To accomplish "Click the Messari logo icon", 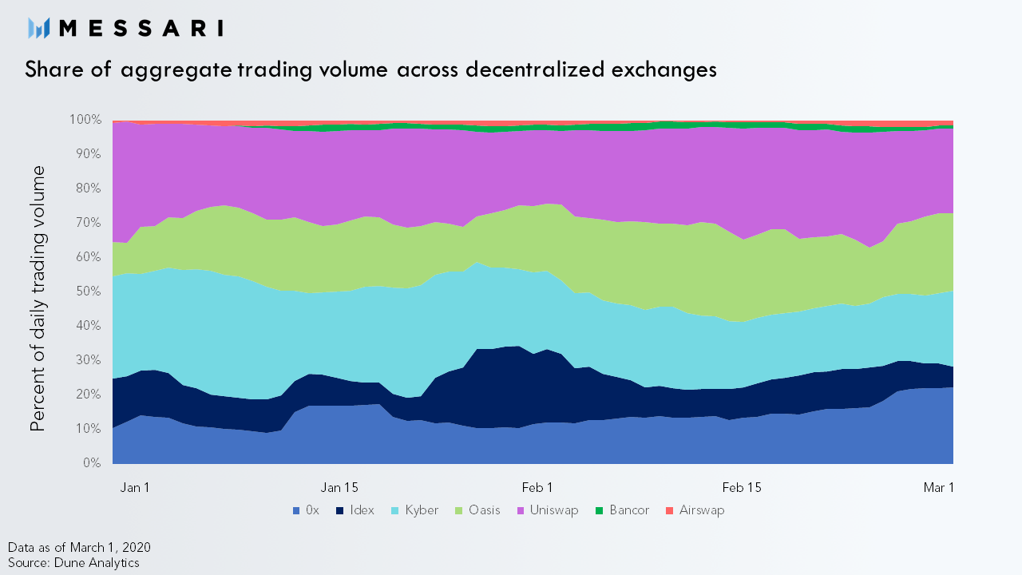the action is [x=38, y=28].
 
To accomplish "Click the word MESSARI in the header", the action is [x=141, y=28].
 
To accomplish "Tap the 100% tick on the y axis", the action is [x=85, y=120].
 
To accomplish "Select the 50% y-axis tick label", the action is [x=89, y=291].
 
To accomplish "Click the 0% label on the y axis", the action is [x=92, y=463].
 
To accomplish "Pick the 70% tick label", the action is [x=89, y=223].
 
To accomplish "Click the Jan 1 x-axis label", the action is [x=135, y=488].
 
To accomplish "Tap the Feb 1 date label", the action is [x=537, y=488].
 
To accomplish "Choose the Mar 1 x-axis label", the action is [x=938, y=488].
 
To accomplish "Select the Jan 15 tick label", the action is [x=339, y=488].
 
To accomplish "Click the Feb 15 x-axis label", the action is [x=742, y=488].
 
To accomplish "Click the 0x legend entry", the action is [x=306, y=510].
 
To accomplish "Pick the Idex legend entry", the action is [x=355, y=510].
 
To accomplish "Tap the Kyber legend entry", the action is [x=414, y=510].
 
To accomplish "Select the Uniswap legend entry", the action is [x=548, y=510].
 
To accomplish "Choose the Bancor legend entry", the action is [x=622, y=510].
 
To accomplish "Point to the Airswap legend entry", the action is [x=695, y=510].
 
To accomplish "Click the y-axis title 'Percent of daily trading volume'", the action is [x=38, y=299].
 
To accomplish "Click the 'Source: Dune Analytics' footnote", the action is [x=73, y=563].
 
